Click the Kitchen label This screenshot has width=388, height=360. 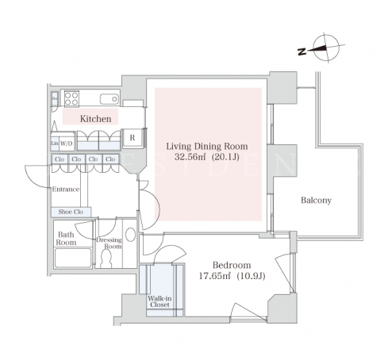[x=95, y=119]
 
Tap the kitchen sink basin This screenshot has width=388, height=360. [x=109, y=99]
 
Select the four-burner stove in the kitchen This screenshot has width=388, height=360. [x=71, y=98]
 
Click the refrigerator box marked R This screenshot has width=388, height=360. [x=133, y=138]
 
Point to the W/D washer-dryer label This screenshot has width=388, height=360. [x=66, y=144]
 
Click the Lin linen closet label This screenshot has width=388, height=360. [x=55, y=144]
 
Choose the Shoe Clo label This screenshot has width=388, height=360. [x=71, y=212]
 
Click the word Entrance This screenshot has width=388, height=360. [x=66, y=190]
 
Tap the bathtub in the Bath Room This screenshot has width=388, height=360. [x=73, y=258]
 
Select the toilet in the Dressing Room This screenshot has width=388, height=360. [x=106, y=259]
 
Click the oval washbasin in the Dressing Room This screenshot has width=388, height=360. [x=130, y=235]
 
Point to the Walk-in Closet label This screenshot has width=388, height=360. [x=159, y=301]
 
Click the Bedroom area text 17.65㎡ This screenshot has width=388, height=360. [x=215, y=277]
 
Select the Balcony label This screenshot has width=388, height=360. [x=316, y=201]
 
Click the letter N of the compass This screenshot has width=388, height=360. [x=302, y=52]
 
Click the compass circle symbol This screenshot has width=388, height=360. [x=326, y=48]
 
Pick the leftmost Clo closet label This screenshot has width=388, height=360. [x=60, y=159]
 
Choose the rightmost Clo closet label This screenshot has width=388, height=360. [x=110, y=159]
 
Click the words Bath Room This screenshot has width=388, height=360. [x=66, y=239]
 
